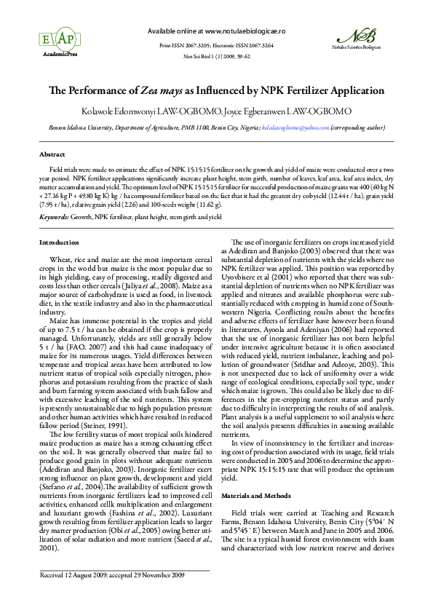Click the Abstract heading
click(52, 155)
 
